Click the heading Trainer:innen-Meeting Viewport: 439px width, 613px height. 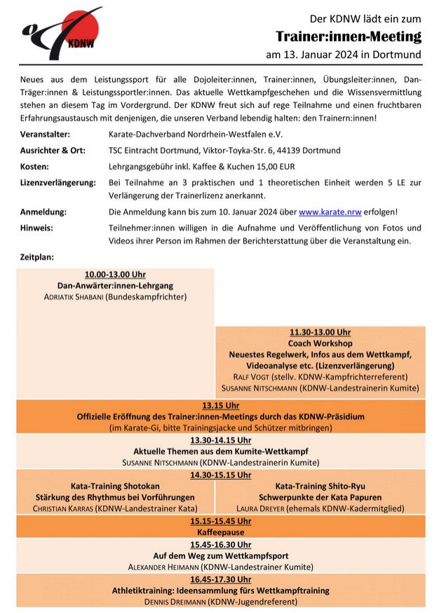coord(348,36)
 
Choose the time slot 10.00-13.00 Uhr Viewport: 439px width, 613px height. coord(115,275)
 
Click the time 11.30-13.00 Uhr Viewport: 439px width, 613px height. coord(320,332)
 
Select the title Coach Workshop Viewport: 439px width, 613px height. coord(320,343)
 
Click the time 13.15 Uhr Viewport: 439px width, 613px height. coord(221,405)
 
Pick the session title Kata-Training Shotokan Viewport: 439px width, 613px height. coord(115,486)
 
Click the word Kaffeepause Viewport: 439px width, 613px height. coord(221,532)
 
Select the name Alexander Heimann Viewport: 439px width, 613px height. coord(163,567)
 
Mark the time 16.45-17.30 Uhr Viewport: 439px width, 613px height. coord(221,579)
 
